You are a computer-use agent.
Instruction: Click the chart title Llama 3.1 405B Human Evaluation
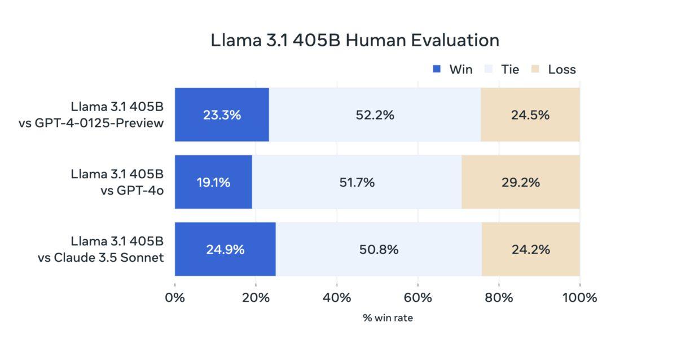(355, 41)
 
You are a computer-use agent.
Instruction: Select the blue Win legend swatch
(437, 69)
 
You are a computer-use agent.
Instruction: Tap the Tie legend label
(509, 69)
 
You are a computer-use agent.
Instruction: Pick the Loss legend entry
(561, 69)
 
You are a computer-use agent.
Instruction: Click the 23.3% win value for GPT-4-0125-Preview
(222, 115)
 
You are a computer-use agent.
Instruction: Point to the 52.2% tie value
(375, 115)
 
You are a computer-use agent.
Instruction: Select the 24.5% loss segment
(530, 115)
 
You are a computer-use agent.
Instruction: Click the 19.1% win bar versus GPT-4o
(213, 182)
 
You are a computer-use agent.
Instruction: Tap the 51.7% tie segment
(357, 182)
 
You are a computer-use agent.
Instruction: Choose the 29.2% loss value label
(520, 182)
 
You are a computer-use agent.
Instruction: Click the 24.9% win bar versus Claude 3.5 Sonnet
(225, 249)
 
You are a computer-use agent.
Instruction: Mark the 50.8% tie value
(379, 249)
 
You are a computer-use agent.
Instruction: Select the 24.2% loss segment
(530, 249)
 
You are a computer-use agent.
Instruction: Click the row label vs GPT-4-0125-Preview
(91, 122)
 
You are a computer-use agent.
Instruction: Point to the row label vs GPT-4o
(132, 190)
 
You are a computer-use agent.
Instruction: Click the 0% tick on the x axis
(175, 297)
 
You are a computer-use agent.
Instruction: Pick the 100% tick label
(579, 297)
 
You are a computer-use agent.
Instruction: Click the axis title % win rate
(388, 318)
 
